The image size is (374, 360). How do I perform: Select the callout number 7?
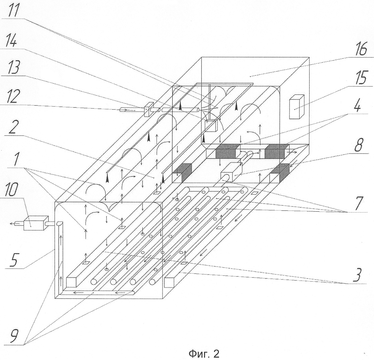(x=359, y=203)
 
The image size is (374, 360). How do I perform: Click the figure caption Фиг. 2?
(x=204, y=354)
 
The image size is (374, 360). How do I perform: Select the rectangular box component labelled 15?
(x=297, y=107)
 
